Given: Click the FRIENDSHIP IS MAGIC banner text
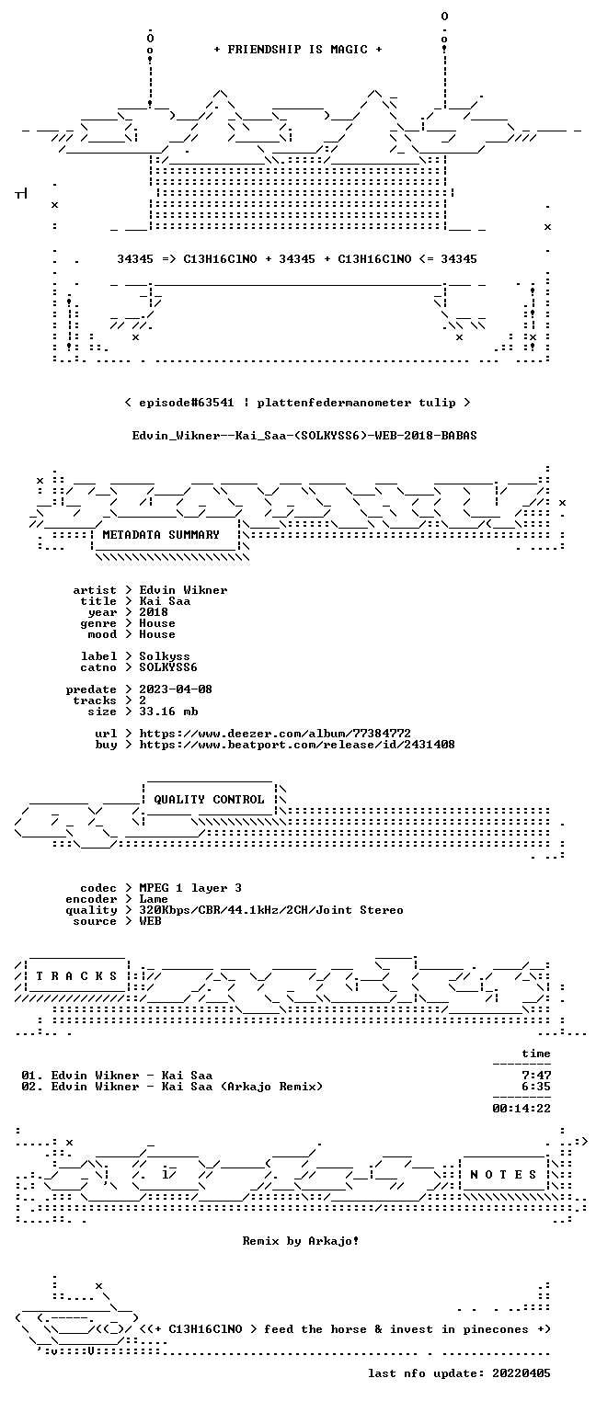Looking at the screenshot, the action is pyautogui.click(x=298, y=50).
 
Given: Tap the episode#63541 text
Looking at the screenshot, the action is pyautogui.click(x=187, y=403).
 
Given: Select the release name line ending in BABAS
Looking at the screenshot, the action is pyautogui.click(x=304, y=436).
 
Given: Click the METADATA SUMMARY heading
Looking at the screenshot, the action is pyautogui.click(x=161, y=535).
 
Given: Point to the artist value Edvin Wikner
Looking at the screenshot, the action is pyautogui.click(x=183, y=590).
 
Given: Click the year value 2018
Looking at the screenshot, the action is pyautogui.click(x=154, y=612).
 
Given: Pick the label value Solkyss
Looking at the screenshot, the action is pyautogui.click(x=165, y=656).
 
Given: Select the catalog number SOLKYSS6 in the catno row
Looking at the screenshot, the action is pyautogui.click(x=168, y=667).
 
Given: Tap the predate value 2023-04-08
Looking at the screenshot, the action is pyautogui.click(x=176, y=689).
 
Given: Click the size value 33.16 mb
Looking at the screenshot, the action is pyautogui.click(x=168, y=712).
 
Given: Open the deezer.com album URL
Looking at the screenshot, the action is pyautogui.click(x=275, y=733).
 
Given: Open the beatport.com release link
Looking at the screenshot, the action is pyautogui.click(x=297, y=745).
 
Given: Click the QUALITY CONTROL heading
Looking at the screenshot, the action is pyautogui.click(x=209, y=799).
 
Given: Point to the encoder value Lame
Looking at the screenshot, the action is pyautogui.click(x=154, y=899).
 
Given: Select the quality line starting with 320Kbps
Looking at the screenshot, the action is pyautogui.click(x=271, y=910).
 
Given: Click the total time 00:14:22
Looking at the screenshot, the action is pyautogui.click(x=521, y=1109).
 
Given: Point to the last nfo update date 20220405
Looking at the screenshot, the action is pyautogui.click(x=521, y=1373).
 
